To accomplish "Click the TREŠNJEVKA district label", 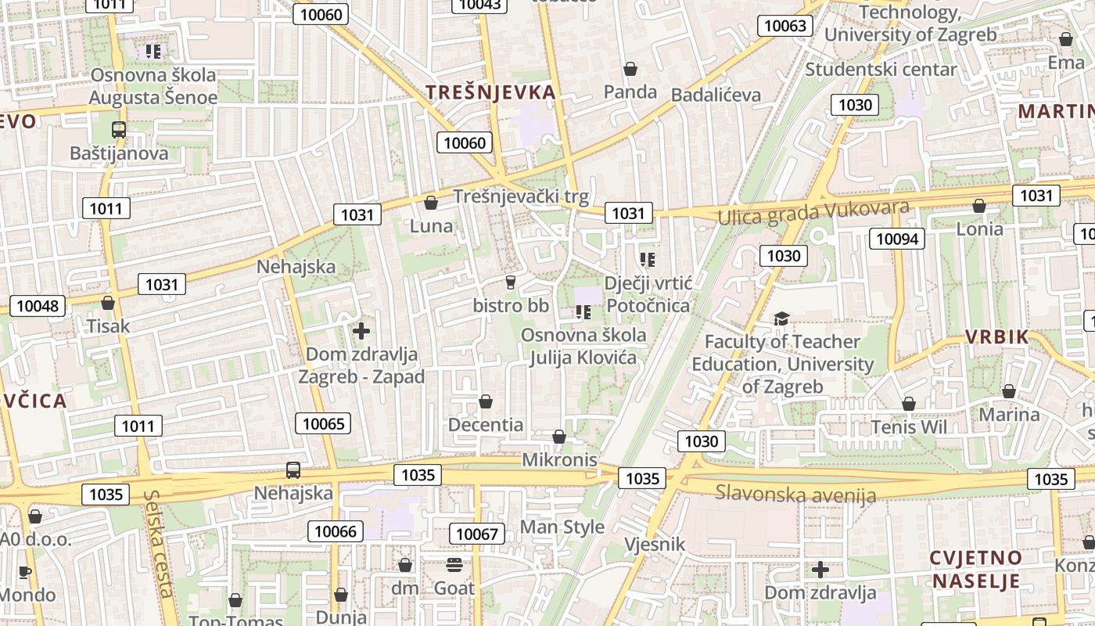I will (490, 92).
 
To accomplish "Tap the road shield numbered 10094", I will (896, 239).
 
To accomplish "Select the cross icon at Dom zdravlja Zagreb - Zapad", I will (361, 331).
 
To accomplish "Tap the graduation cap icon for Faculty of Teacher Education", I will (781, 318).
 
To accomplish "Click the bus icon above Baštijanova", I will (119, 130).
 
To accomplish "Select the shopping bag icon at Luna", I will (431, 203).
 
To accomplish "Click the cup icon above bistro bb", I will (511, 282).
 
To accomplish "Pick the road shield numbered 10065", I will (323, 424).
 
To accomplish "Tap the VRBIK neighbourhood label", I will (996, 337).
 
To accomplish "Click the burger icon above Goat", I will (454, 564).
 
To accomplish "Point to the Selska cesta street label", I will (159, 543).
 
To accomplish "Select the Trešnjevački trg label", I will (521, 196).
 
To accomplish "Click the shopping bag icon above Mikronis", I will (559, 437).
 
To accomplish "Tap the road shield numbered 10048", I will (38, 306).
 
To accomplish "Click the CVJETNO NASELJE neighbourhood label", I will (975, 569).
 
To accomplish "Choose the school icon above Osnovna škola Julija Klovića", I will (583, 313).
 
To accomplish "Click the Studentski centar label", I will (881, 69).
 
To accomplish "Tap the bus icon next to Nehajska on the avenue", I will (293, 470).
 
